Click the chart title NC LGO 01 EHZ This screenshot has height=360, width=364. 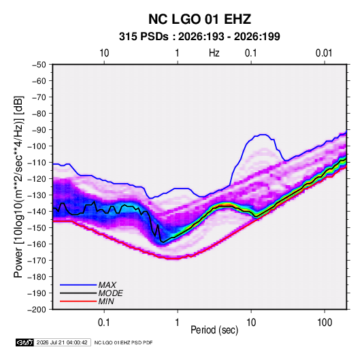pyautogui.click(x=199, y=19)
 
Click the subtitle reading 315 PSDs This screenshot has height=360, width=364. pyautogui.click(x=144, y=37)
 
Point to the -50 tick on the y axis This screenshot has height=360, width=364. pyautogui.click(x=39, y=65)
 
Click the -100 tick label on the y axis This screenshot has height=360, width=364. pyautogui.click(x=37, y=146)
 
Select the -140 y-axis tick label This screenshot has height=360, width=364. pyautogui.click(x=37, y=212)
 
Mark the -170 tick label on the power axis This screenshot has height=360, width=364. pyautogui.click(x=37, y=261)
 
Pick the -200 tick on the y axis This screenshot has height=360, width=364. pyautogui.click(x=37, y=310)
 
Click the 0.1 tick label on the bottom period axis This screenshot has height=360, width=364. pyautogui.click(x=104, y=323)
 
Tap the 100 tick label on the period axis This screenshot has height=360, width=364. pyautogui.click(x=325, y=323)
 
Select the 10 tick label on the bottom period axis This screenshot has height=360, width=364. pyautogui.click(x=251, y=323)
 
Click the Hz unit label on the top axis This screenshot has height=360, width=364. pyautogui.click(x=214, y=53)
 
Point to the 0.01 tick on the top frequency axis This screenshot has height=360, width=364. pyautogui.click(x=324, y=53)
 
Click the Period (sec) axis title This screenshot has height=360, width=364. pyautogui.click(x=214, y=330)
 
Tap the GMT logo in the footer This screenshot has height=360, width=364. pyautogui.click(x=25, y=342)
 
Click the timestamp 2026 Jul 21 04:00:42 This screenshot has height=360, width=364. pyautogui.click(x=62, y=342)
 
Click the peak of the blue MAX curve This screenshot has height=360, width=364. pyautogui.click(x=263, y=135)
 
